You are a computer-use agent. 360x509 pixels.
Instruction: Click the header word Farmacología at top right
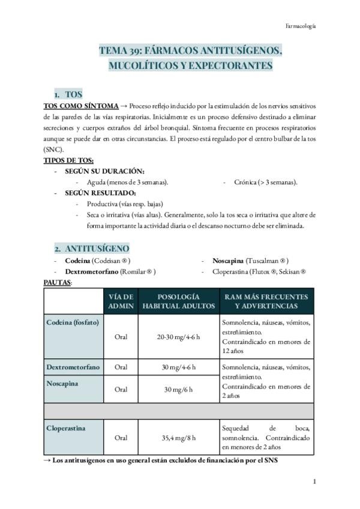300,26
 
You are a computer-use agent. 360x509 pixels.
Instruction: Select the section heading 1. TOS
68,95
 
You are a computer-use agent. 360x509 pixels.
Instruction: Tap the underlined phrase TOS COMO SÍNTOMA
81,106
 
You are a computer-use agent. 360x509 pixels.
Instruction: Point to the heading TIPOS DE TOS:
69,160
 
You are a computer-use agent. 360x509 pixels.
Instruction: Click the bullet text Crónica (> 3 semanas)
263,182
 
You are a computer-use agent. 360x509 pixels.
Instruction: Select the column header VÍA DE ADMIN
121,301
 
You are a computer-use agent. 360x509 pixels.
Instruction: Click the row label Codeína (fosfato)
73,322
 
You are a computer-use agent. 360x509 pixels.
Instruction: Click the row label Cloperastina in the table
66,428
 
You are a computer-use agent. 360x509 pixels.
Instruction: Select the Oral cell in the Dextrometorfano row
121,367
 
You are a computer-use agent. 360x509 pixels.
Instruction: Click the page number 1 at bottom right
314,482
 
